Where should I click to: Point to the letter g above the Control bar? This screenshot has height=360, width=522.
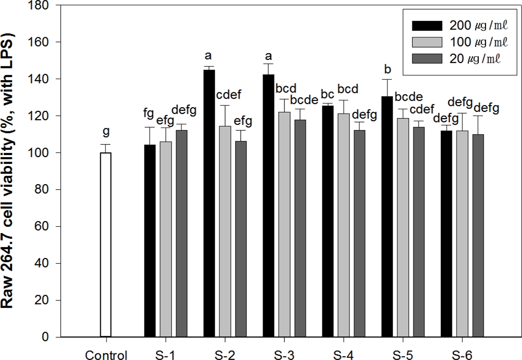106,133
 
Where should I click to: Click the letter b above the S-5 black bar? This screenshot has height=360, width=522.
388,70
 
